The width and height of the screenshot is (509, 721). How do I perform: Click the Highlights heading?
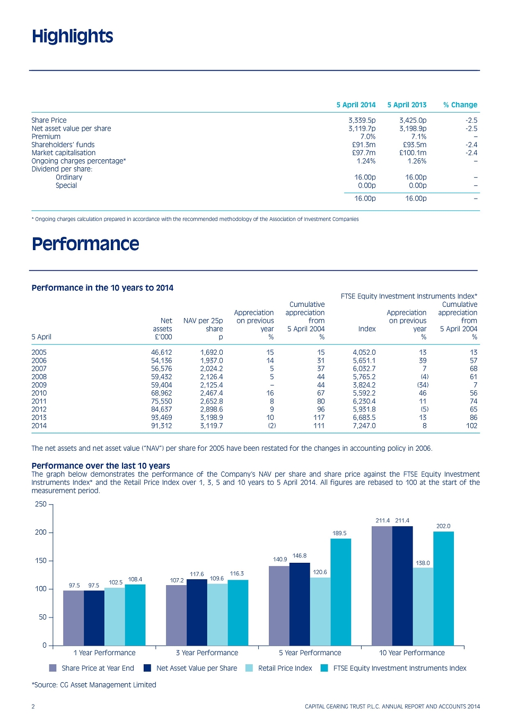tap(72, 37)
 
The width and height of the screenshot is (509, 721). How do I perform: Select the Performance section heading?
tap(85, 244)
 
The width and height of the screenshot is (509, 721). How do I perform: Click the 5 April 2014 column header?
tap(356, 105)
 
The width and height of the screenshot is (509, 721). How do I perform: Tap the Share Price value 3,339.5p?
tap(362, 121)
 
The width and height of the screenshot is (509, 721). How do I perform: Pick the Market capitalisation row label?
tap(64, 153)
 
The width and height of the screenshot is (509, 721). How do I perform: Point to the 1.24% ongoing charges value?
tap(366, 161)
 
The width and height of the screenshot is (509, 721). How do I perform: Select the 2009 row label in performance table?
tap(39, 385)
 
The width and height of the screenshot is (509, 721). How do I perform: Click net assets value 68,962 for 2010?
tap(162, 393)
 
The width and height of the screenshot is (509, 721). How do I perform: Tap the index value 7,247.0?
tap(364, 426)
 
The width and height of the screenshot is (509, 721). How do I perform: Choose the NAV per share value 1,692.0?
tap(212, 353)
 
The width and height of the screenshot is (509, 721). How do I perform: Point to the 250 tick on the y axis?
tap(41, 504)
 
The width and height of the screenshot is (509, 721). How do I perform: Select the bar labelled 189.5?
tap(340, 592)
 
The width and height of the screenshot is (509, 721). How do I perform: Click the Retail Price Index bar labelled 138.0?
tap(423, 606)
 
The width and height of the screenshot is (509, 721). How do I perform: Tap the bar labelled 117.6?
tap(197, 612)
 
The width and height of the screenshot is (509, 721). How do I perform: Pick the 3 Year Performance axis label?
tap(207, 653)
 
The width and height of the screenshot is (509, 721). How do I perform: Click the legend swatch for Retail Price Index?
tap(249, 668)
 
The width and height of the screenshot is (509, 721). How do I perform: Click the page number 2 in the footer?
tap(33, 707)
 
